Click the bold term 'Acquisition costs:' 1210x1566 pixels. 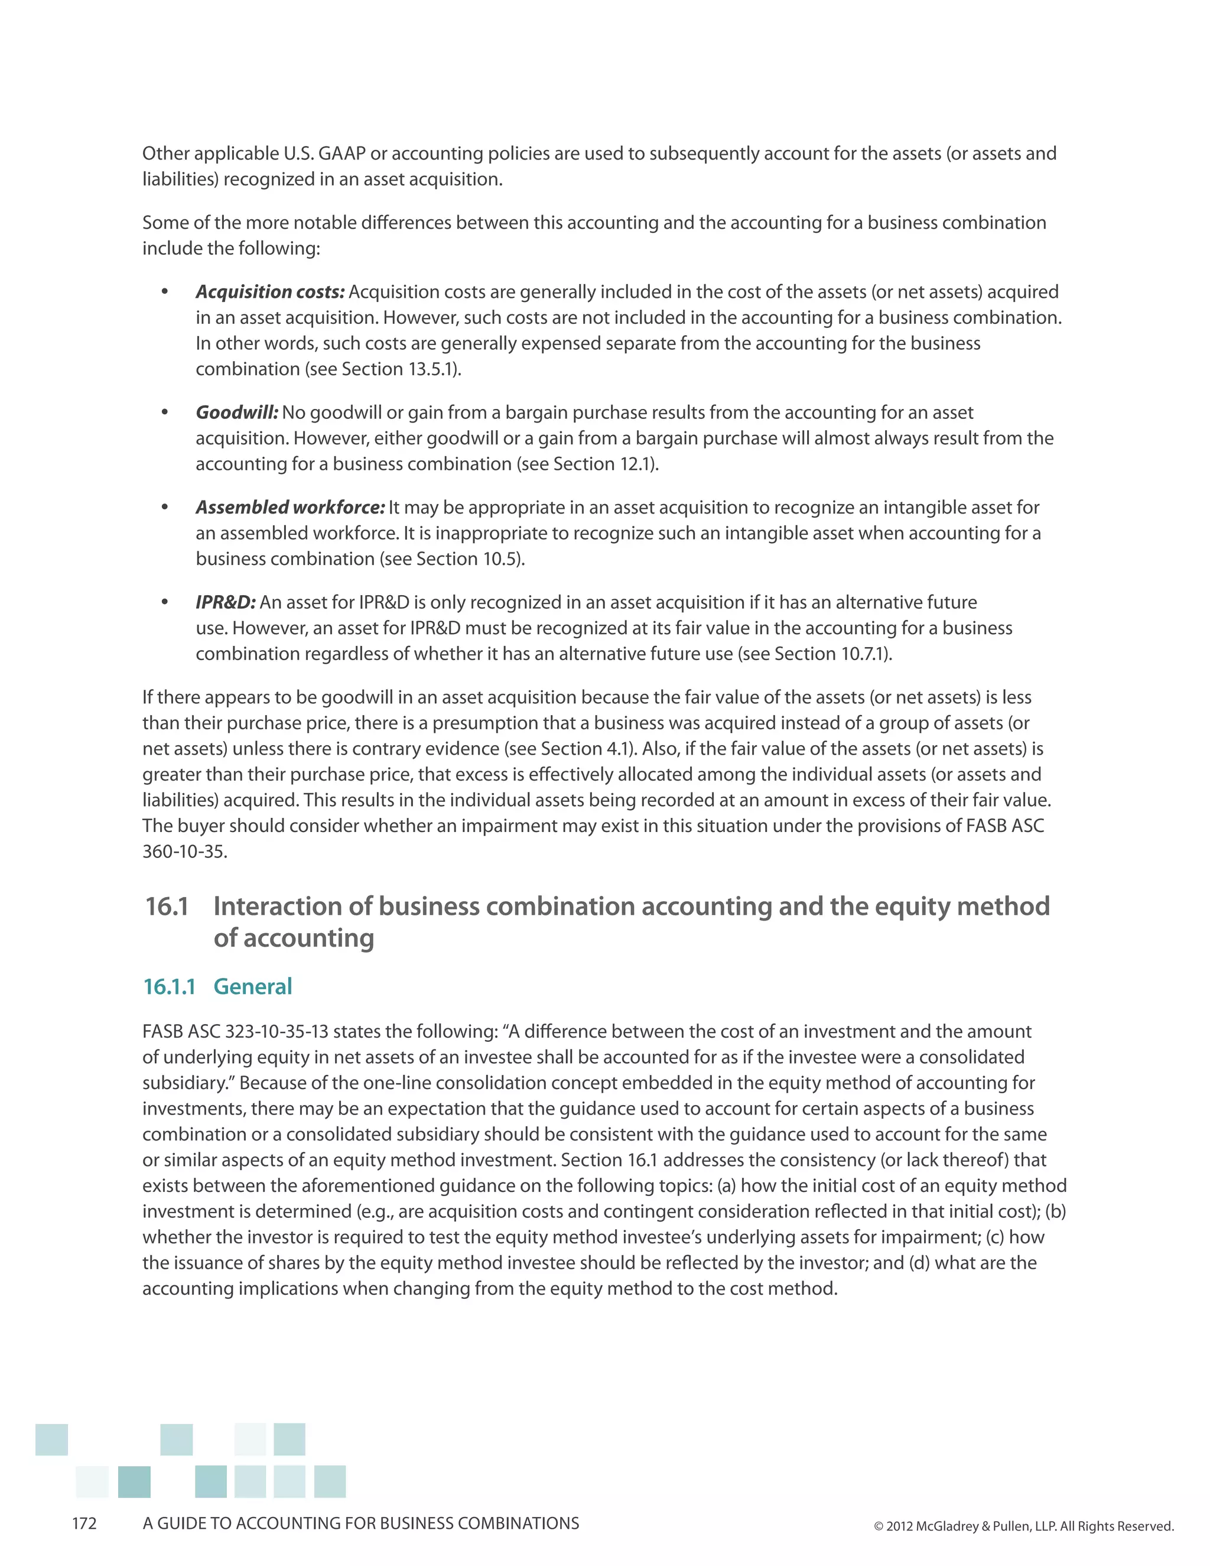click(x=269, y=292)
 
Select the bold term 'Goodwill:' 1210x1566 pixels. click(x=236, y=412)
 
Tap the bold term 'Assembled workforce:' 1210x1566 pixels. click(x=290, y=507)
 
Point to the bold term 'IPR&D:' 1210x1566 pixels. click(x=225, y=602)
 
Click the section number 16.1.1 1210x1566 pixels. click(x=169, y=987)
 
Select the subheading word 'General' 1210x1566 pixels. click(x=252, y=987)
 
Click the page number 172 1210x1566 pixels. click(x=84, y=1523)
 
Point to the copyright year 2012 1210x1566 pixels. click(x=899, y=1526)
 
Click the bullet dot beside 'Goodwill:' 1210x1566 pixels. click(x=164, y=412)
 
